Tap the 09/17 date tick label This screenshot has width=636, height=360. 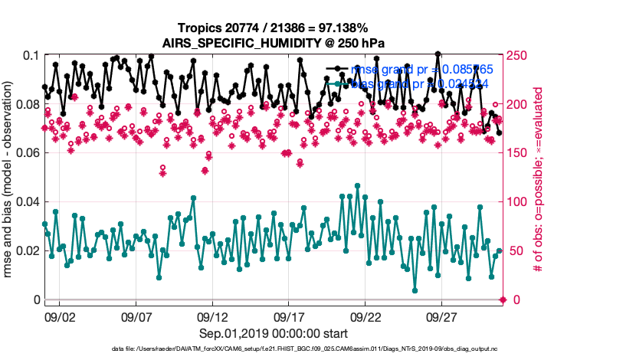tap(290, 316)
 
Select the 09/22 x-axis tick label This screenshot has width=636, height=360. tap(366, 316)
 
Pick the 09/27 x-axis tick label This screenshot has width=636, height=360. tap(443, 316)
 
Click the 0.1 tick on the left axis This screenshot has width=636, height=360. tap(31, 56)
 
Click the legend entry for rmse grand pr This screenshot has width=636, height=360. tap(421, 70)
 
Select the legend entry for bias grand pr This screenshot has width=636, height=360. tap(421, 83)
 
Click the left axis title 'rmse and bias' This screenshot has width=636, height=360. tap(10, 177)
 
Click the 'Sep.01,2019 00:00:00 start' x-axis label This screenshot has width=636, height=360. tap(274, 333)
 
